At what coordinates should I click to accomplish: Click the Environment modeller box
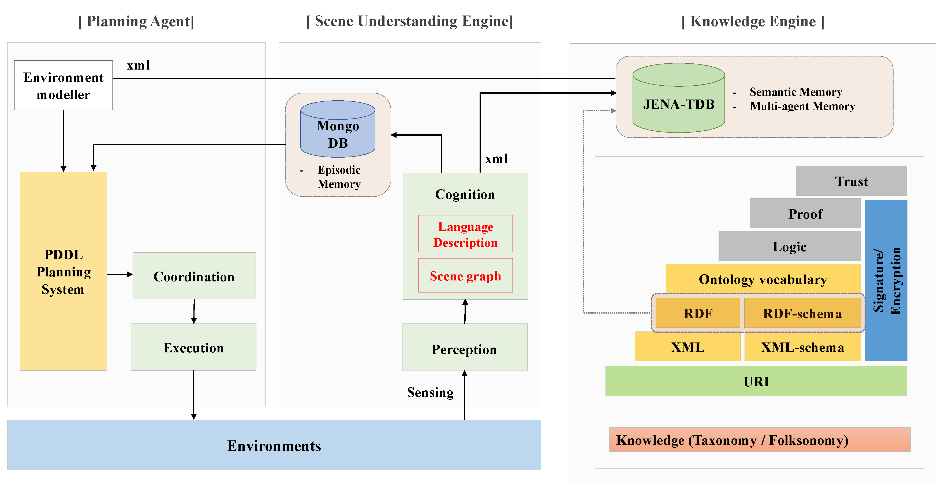click(x=63, y=85)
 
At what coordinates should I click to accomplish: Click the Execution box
click(x=193, y=347)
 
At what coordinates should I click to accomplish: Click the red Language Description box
click(x=465, y=234)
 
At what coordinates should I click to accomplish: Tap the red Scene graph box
click(x=465, y=275)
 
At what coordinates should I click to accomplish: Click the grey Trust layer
click(x=851, y=181)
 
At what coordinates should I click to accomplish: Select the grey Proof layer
click(x=805, y=214)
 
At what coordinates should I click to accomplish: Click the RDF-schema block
click(x=802, y=313)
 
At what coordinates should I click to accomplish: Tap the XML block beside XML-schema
click(x=688, y=347)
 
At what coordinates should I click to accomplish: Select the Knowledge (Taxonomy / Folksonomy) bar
click(x=759, y=440)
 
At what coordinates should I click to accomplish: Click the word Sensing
click(x=430, y=392)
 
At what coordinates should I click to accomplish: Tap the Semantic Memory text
click(x=796, y=92)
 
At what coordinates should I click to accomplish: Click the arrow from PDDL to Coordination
click(x=120, y=274)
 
